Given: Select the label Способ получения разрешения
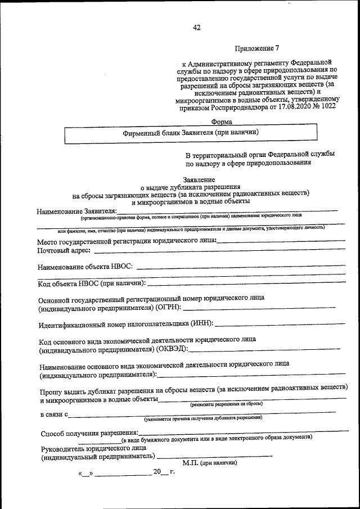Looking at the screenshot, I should pos(83,434).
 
